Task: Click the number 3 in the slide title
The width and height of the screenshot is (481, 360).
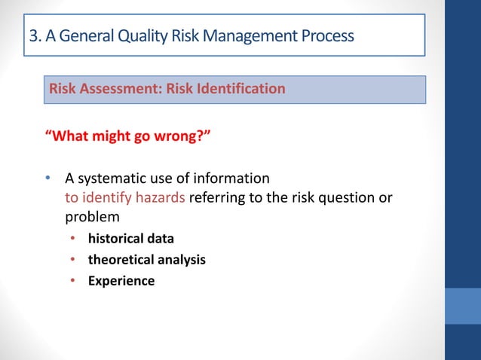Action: (32, 35)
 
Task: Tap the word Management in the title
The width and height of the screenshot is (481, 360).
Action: (255, 35)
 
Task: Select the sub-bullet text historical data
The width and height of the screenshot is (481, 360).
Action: (130, 239)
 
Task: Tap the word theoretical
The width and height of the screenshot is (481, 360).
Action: (121, 260)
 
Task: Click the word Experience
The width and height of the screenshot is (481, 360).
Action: (121, 281)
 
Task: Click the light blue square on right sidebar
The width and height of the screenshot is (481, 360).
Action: (463, 305)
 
